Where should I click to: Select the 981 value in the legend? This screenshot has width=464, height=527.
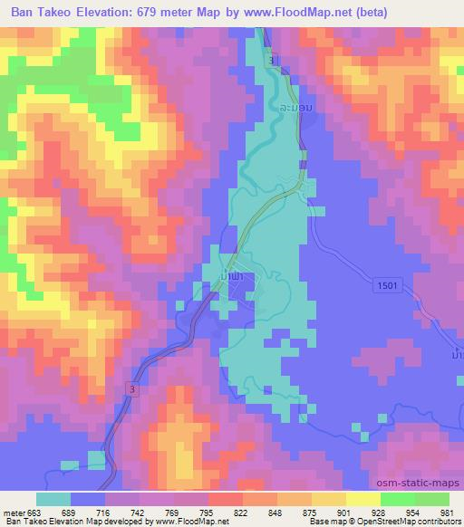(x=448, y=513)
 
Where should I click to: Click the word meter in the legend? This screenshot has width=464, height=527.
(x=15, y=513)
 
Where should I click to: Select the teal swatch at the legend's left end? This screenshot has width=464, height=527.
(x=53, y=499)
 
